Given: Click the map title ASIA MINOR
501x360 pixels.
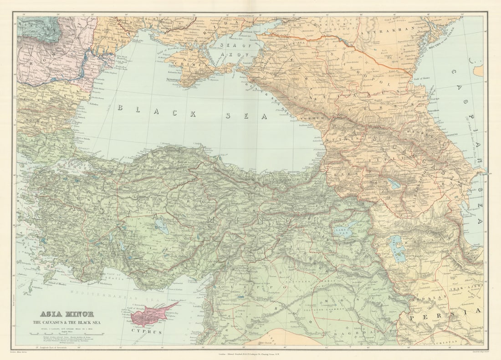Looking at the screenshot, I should (67, 314).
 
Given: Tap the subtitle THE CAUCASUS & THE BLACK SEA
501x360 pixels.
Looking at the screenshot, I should (67, 322).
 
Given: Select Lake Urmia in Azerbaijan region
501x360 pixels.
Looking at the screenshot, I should (397, 248).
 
